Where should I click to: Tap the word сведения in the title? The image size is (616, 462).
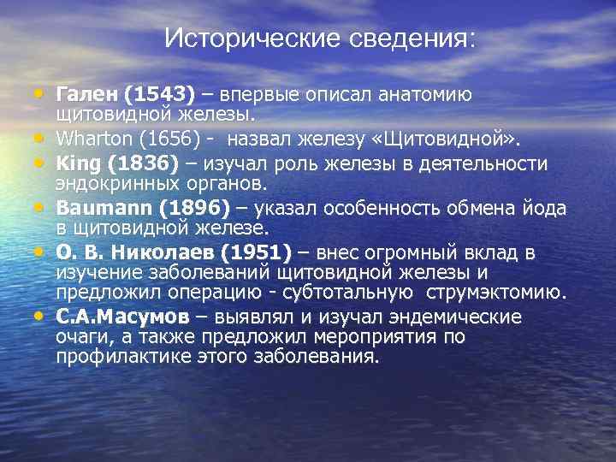click(x=409, y=38)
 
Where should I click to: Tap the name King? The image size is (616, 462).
click(x=75, y=163)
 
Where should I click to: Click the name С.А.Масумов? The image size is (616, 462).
click(x=122, y=317)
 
